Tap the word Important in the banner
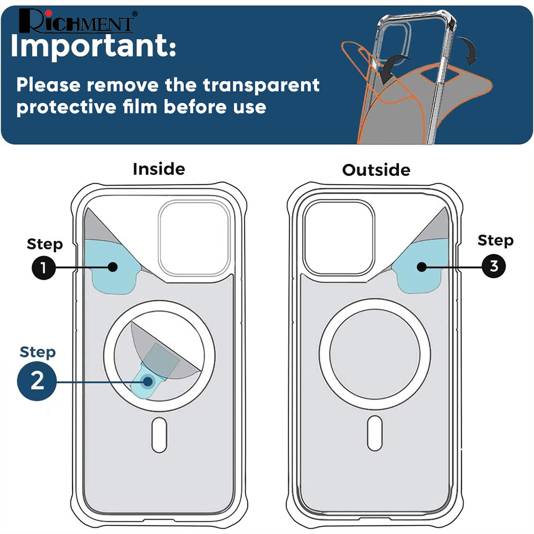point(93,45)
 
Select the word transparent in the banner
point(261,85)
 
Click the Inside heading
point(159,169)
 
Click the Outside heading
point(376,170)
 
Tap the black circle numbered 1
point(44,268)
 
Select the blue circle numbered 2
point(37,381)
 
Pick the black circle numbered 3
point(494,266)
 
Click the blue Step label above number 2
point(38,352)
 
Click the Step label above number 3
point(496,240)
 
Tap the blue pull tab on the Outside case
point(422,265)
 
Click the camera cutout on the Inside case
point(194,238)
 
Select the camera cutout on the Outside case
point(339,237)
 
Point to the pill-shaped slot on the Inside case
point(159,435)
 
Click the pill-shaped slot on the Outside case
point(375,433)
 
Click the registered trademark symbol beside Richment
point(135,14)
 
